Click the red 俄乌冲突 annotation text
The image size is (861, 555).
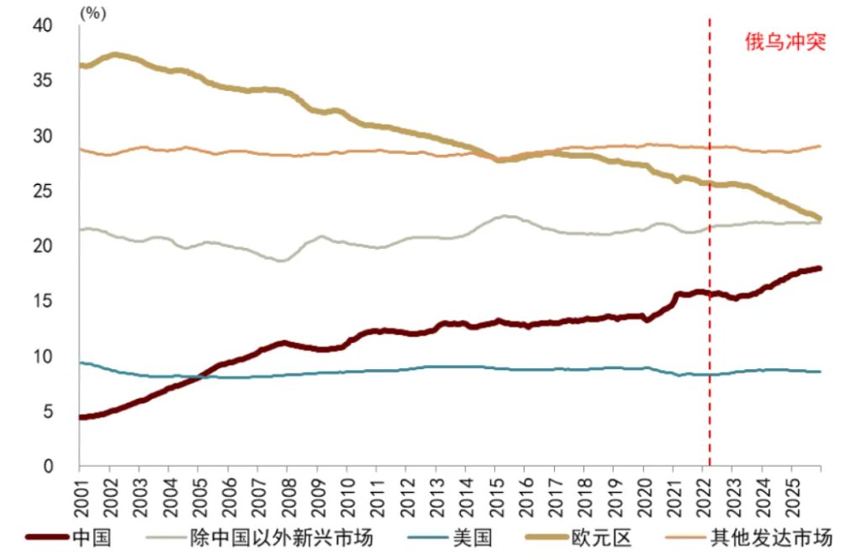[x=785, y=42]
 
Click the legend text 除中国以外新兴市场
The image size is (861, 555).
[x=271, y=536]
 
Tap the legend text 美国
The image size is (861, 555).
[x=474, y=536]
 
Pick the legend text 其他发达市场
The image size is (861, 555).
[x=782, y=536]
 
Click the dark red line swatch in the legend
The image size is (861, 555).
[x=47, y=536]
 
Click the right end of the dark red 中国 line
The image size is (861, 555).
[x=820, y=268]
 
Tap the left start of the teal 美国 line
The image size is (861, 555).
[x=80, y=362]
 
